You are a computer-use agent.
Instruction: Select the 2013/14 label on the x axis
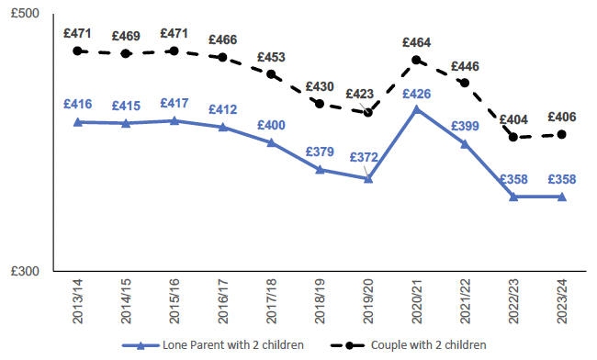click(x=77, y=302)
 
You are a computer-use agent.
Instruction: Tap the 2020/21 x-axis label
click(x=417, y=302)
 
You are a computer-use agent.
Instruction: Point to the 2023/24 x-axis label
click(x=562, y=302)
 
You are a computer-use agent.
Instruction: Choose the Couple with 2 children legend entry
click(x=419, y=346)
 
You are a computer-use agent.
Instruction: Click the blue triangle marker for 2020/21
click(x=417, y=109)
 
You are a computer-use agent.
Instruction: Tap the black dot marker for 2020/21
click(x=417, y=61)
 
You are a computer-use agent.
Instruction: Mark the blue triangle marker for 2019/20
click(x=368, y=178)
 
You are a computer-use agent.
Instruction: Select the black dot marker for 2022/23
click(x=513, y=137)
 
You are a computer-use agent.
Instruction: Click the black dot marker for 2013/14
click(x=78, y=51)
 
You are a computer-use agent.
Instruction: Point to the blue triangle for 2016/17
click(x=223, y=127)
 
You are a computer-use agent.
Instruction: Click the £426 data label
click(x=416, y=94)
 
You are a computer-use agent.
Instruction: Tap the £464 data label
click(x=416, y=42)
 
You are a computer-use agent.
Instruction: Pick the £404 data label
click(x=513, y=119)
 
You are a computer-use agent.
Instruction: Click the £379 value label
click(x=320, y=152)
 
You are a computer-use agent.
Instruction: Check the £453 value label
click(x=271, y=56)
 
